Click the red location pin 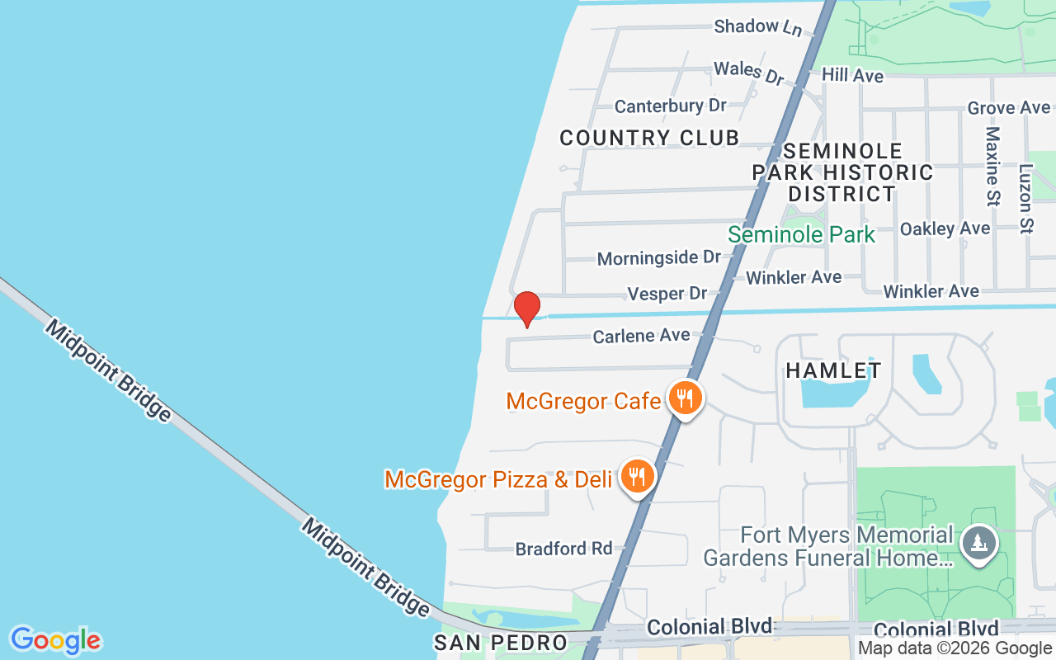[526, 309]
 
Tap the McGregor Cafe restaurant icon [684, 398]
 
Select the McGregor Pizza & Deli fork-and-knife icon [636, 476]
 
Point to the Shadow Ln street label [757, 27]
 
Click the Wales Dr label [748, 72]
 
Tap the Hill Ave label [852, 76]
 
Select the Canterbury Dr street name [670, 106]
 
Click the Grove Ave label [1008, 108]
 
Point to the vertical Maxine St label [992, 166]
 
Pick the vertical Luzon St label [1025, 198]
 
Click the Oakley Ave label [945, 229]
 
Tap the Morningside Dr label [658, 258]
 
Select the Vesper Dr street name [667, 294]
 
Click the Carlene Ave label [641, 336]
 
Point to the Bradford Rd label [563, 549]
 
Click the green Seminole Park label [800, 234]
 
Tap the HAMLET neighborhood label [833, 371]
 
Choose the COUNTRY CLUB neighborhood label [649, 138]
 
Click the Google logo [55, 640]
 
